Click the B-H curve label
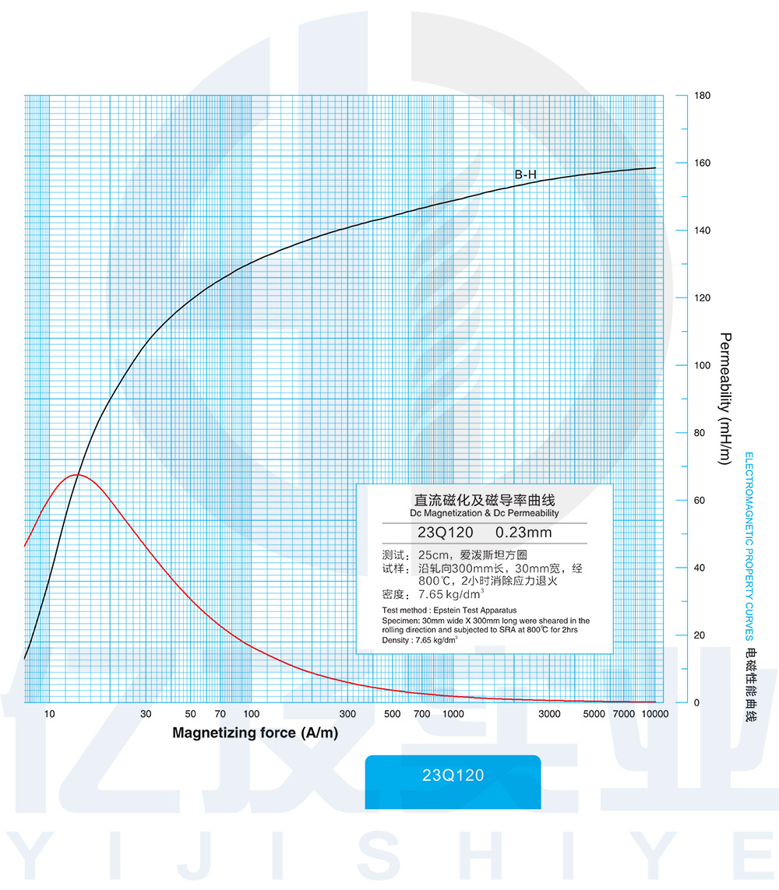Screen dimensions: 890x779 pyautogui.click(x=526, y=175)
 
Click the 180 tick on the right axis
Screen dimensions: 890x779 pyautogui.click(x=702, y=96)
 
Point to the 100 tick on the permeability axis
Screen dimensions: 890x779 pyautogui.click(x=702, y=366)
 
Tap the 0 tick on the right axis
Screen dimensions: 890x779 pyautogui.click(x=696, y=703)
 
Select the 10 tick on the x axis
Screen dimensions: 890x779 pyautogui.click(x=49, y=714)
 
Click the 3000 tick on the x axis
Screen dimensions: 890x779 pyautogui.click(x=550, y=714)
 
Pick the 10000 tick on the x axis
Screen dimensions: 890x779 pyautogui.click(x=654, y=714)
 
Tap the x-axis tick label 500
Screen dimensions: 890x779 pyautogui.click(x=393, y=714)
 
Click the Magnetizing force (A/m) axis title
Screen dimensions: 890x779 pyautogui.click(x=255, y=733)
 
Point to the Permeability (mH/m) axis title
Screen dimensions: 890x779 pyautogui.click(x=724, y=399)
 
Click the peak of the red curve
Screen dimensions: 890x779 pyautogui.click(x=76, y=474)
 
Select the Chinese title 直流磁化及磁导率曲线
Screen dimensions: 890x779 pyautogui.click(x=484, y=500)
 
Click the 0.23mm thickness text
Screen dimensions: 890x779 pyautogui.click(x=523, y=533)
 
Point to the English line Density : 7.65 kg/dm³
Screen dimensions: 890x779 pyautogui.click(x=420, y=639)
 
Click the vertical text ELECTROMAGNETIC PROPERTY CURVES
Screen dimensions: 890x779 pyautogui.click(x=749, y=545)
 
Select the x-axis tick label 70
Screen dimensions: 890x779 pyautogui.click(x=220, y=714)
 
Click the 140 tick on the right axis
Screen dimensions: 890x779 pyautogui.click(x=702, y=231)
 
